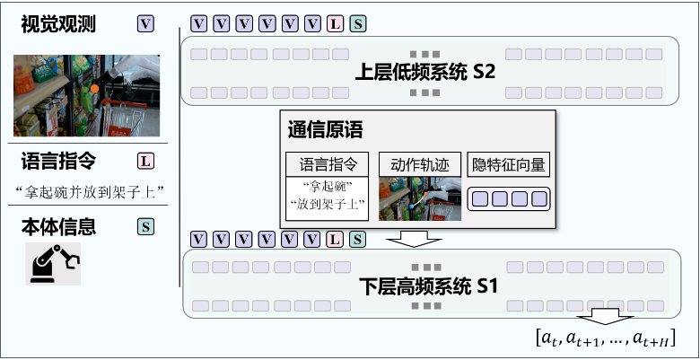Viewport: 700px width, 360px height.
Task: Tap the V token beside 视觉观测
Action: point(145,24)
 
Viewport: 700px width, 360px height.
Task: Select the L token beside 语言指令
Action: point(145,162)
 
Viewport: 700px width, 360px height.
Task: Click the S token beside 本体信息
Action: point(145,227)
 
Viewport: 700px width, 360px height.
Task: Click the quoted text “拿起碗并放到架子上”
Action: point(88,190)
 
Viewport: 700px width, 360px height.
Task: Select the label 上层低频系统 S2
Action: point(426,72)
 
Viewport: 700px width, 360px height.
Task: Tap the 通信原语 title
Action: point(325,127)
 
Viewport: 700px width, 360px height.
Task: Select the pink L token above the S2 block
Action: point(336,24)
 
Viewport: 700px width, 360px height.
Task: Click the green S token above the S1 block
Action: point(358,239)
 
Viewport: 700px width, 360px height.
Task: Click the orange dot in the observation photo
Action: point(94,90)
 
